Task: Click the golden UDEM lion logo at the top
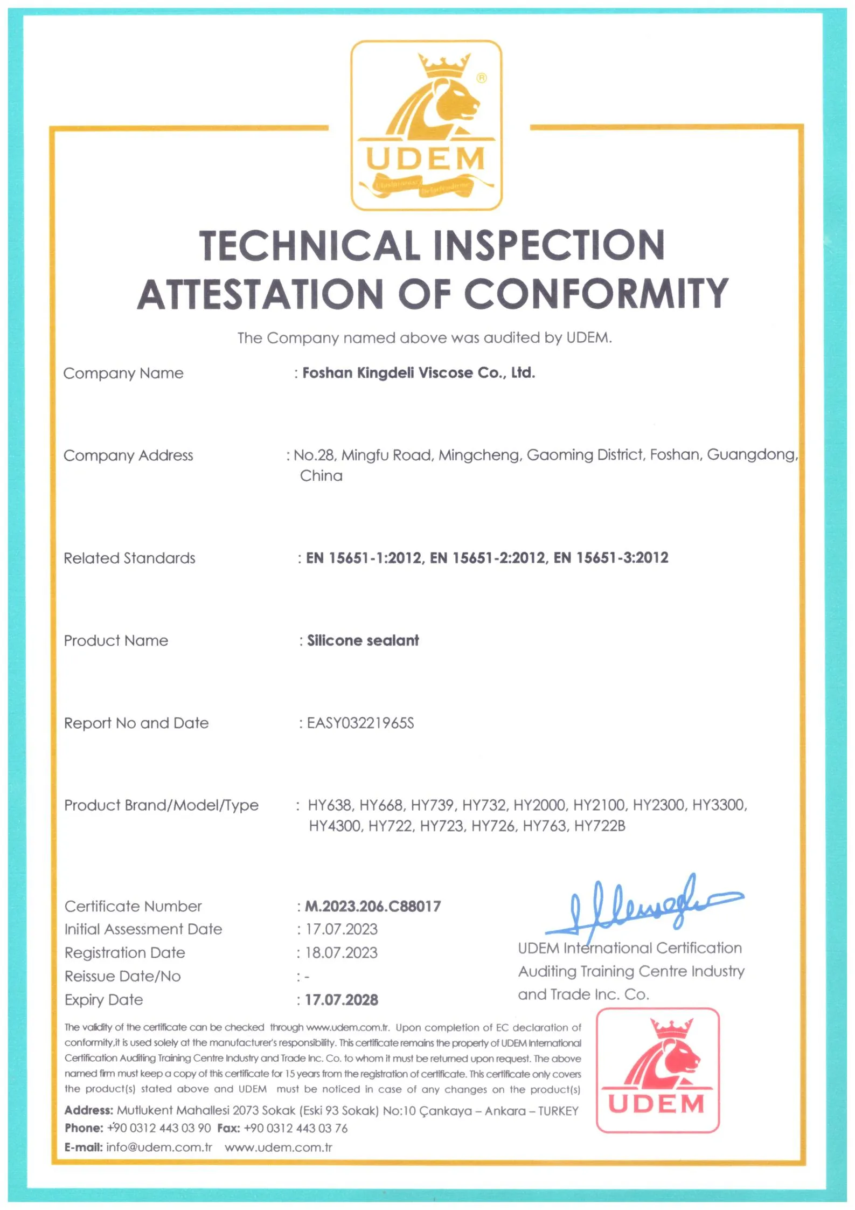426,125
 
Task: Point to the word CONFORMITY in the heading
595,294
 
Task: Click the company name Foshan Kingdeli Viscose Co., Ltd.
419,373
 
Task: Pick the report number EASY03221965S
360,723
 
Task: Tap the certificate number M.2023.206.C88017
373,907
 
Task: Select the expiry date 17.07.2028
342,1000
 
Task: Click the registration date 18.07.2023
342,953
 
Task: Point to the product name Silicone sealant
363,641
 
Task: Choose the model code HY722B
600,826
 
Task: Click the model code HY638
330,805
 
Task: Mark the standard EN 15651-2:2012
488,558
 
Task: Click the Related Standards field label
129,558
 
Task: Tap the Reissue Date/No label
123,977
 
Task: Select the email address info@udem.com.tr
159,1147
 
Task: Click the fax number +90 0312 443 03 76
296,1128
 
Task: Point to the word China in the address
321,476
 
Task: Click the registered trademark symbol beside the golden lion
482,78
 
